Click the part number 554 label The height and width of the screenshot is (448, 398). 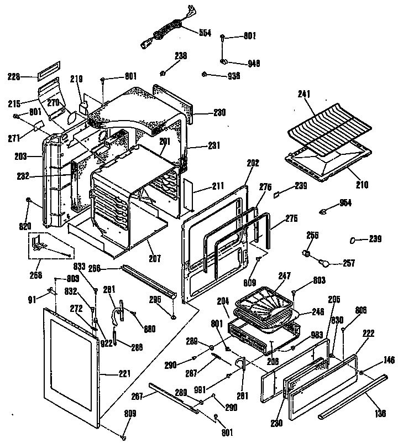coord(205,33)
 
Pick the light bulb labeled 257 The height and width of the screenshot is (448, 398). coord(326,262)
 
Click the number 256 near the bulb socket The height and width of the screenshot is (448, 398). coord(313,235)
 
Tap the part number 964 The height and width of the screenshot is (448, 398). coord(345,203)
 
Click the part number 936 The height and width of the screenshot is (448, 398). coord(233,76)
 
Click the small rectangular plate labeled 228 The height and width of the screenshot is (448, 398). coord(46,71)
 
